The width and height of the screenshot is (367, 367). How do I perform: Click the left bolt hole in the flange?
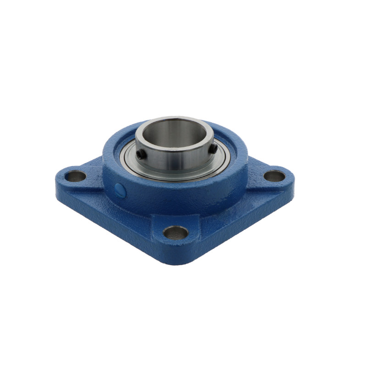(76, 176)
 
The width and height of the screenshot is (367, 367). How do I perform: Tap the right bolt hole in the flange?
(274, 176)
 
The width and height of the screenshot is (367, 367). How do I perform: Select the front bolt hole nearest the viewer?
(176, 233)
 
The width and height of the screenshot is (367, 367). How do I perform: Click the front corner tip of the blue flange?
(176, 262)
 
